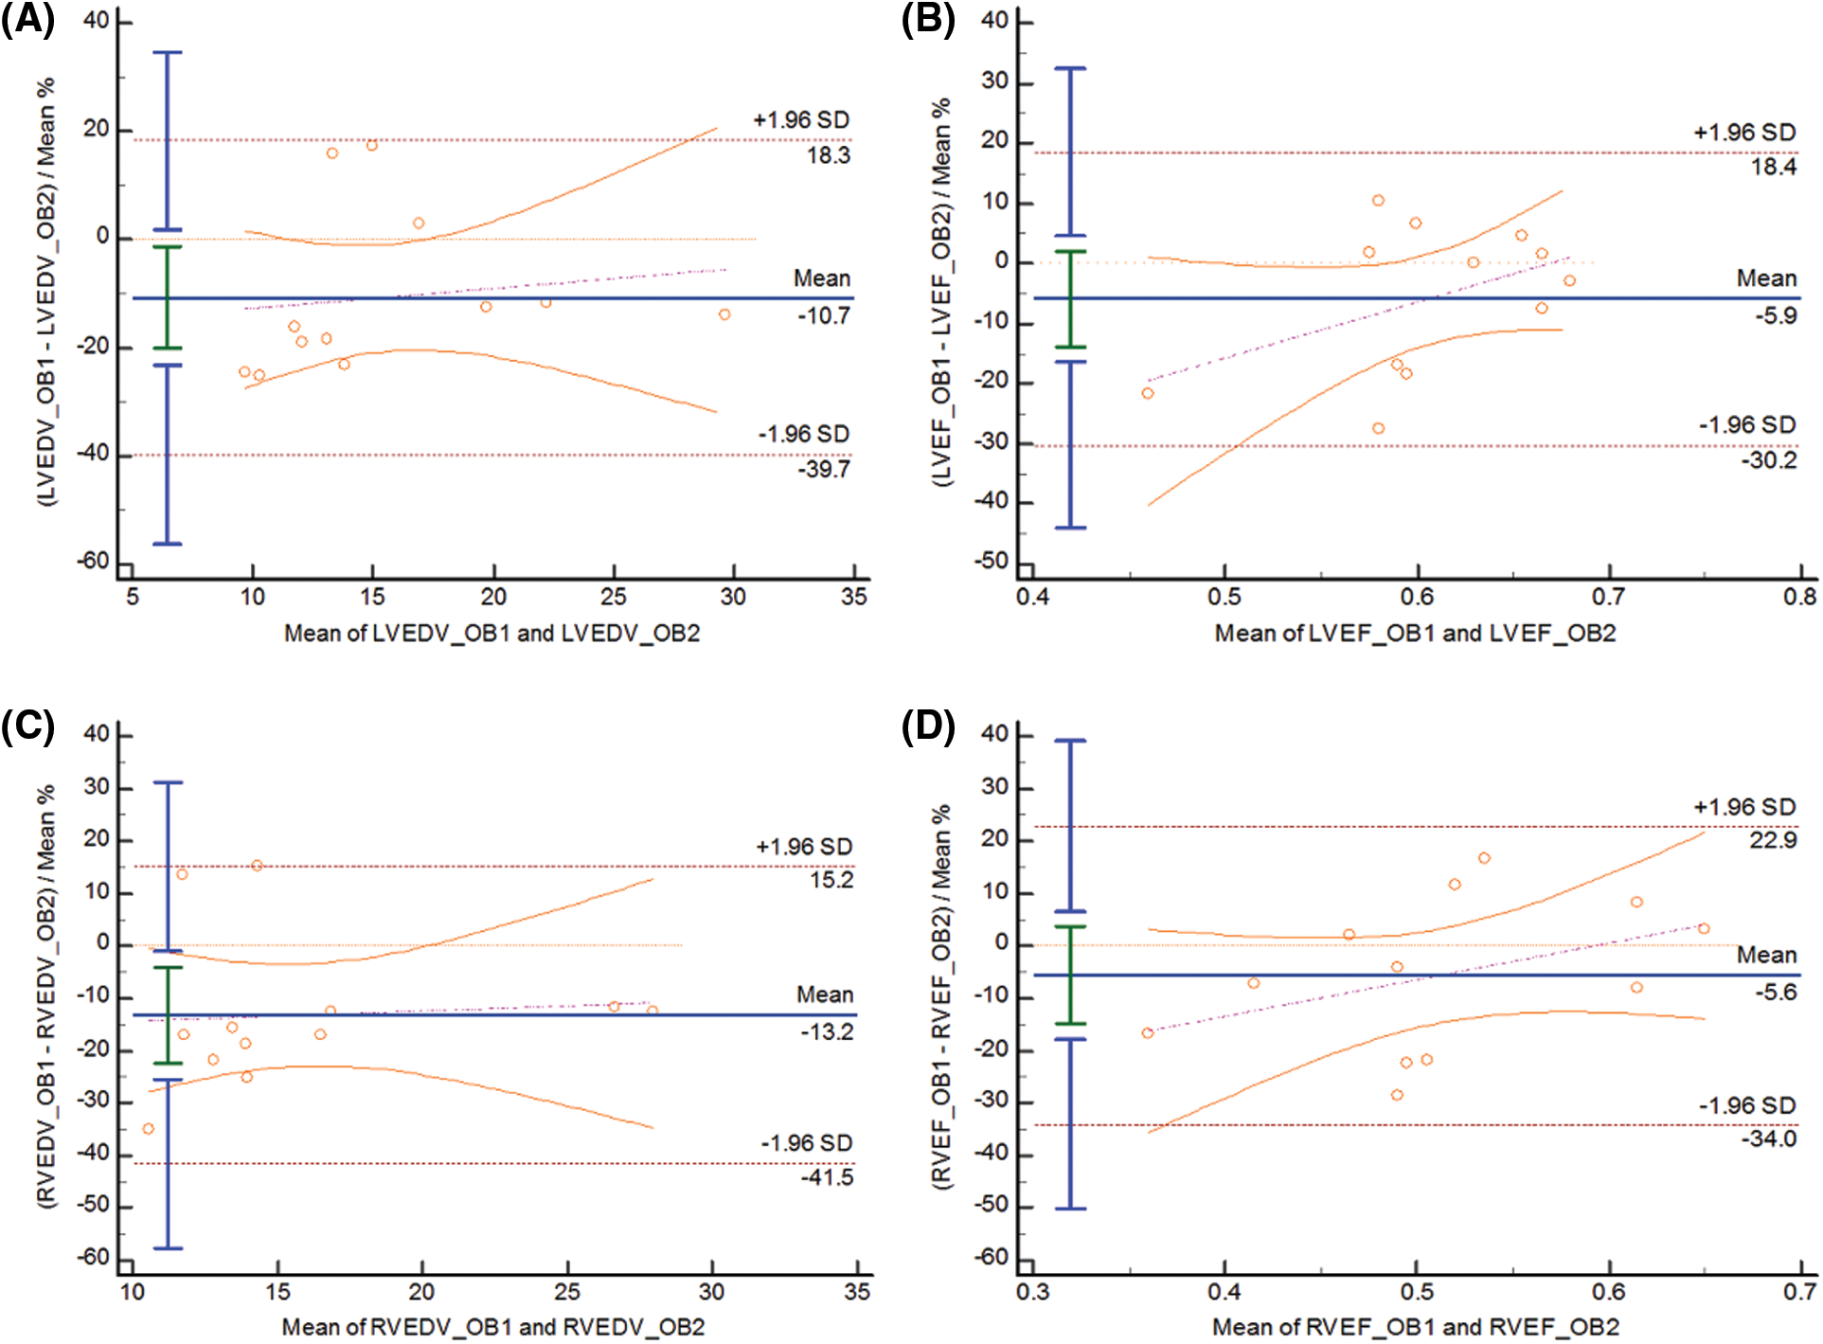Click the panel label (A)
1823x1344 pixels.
point(27,19)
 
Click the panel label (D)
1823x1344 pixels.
point(928,727)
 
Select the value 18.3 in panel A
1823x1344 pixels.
point(828,155)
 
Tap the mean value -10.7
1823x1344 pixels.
point(824,315)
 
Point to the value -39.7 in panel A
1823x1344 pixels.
point(824,469)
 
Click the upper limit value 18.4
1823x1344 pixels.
point(1773,168)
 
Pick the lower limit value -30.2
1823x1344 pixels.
point(1769,460)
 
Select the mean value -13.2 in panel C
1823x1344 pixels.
point(826,1031)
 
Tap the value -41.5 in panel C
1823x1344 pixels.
point(827,1177)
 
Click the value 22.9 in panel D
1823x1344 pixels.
point(1773,840)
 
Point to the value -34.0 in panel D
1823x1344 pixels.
point(1769,1138)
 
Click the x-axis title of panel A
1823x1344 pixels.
point(491,633)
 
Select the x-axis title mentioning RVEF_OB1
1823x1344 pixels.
point(1416,1327)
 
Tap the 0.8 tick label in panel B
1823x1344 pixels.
point(1799,597)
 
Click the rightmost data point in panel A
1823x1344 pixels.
point(724,314)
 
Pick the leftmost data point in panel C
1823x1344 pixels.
point(148,1128)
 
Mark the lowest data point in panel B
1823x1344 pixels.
point(1378,428)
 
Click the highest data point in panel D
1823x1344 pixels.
point(1484,858)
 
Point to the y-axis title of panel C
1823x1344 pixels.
point(46,995)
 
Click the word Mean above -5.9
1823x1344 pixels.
point(1766,278)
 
